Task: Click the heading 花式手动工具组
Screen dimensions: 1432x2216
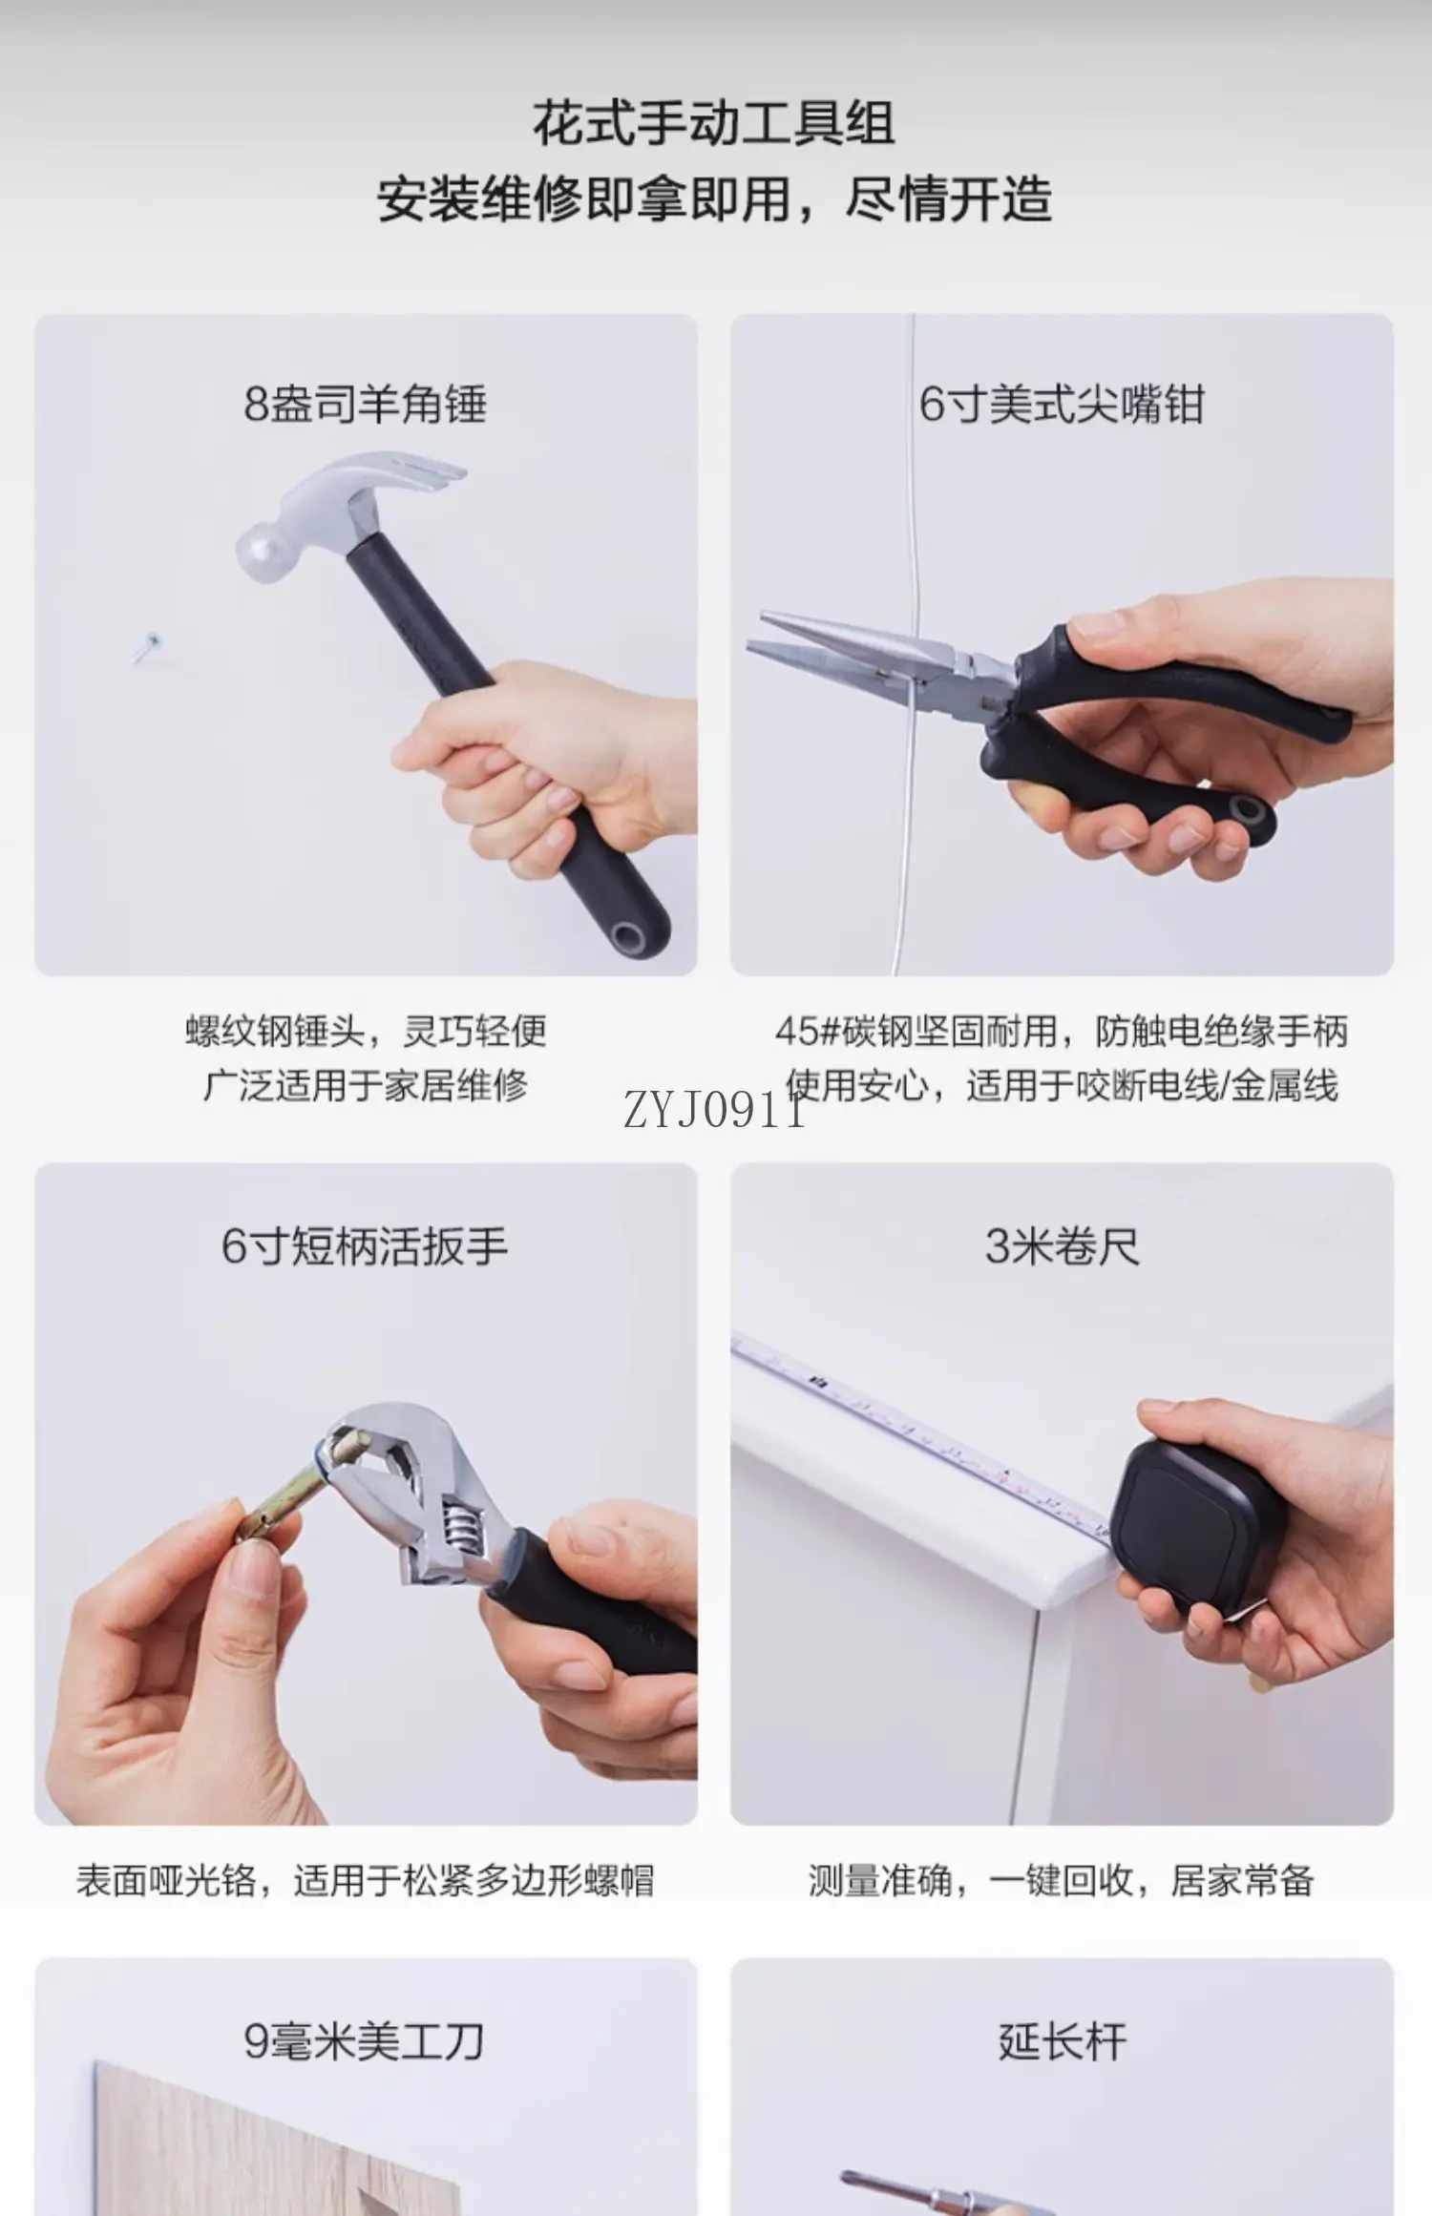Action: [x=714, y=123]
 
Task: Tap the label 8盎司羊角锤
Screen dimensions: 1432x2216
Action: [x=366, y=404]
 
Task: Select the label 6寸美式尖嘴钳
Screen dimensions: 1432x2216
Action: [x=1062, y=404]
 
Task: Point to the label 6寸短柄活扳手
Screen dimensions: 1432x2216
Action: [x=365, y=1245]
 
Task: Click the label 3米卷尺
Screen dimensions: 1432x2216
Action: [x=1063, y=1245]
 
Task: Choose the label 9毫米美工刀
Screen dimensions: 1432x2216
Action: [x=365, y=2041]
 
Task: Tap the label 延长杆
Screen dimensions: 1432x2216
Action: [x=1063, y=2041]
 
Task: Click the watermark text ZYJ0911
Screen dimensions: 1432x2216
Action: [x=714, y=1113]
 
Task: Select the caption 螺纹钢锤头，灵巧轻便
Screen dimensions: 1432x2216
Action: [x=366, y=1031]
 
